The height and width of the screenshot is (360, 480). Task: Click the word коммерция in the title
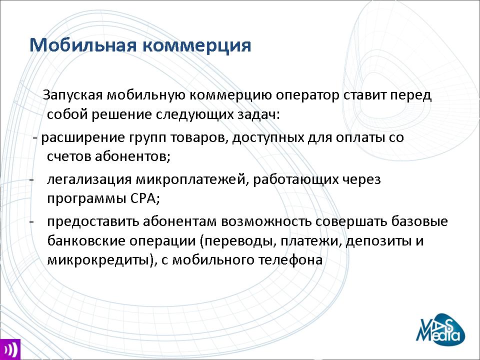pos(197,45)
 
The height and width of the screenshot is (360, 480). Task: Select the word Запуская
pos(73,95)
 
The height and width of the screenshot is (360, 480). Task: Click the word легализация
pos(89,179)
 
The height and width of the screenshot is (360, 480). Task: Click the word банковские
pos(86,241)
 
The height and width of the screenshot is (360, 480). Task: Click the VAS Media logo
pos(440,329)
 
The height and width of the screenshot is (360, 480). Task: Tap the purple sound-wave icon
pos(10,349)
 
